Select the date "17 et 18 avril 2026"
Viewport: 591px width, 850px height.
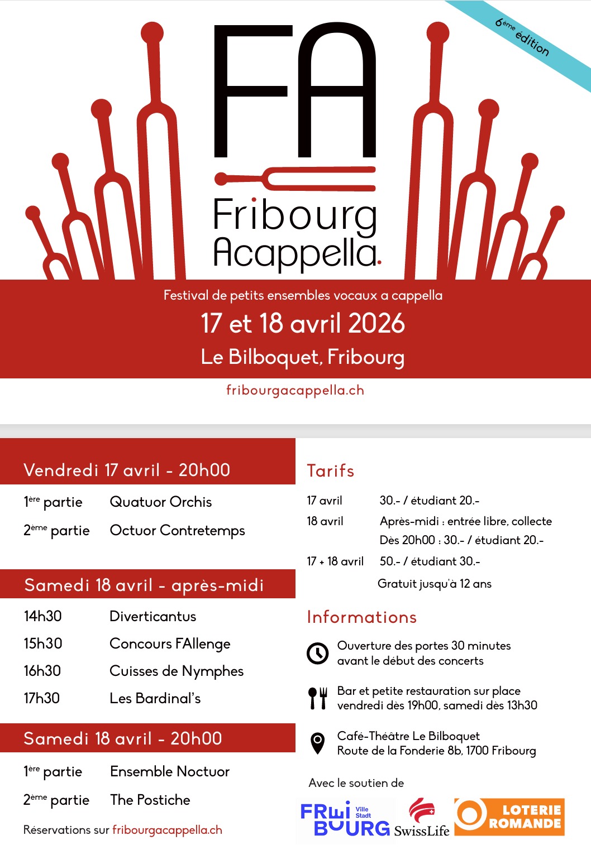[x=303, y=324]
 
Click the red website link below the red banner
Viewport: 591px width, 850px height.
[x=295, y=390]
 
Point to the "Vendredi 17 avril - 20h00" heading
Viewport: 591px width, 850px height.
[x=127, y=470]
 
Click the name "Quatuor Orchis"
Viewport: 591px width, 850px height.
[x=161, y=502]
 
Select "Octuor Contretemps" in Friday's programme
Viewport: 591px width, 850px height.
[x=177, y=530]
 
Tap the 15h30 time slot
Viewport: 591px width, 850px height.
[x=43, y=643]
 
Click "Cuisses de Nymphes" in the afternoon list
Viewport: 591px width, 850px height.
[x=177, y=671]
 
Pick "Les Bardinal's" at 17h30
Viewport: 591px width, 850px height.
[x=155, y=698]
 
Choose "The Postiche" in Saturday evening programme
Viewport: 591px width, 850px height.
[x=150, y=800]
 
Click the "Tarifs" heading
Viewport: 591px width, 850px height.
[x=330, y=471]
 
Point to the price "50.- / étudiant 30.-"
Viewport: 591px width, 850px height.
[x=430, y=561]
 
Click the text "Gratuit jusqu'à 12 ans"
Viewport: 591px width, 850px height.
[x=435, y=584]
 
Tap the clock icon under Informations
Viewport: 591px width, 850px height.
[x=318, y=653]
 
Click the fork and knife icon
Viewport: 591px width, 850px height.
[x=318, y=698]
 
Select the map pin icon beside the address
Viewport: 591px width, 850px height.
[x=318, y=743]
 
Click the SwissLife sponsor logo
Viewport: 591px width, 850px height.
[x=422, y=818]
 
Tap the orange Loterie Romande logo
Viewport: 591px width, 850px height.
[x=509, y=817]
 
